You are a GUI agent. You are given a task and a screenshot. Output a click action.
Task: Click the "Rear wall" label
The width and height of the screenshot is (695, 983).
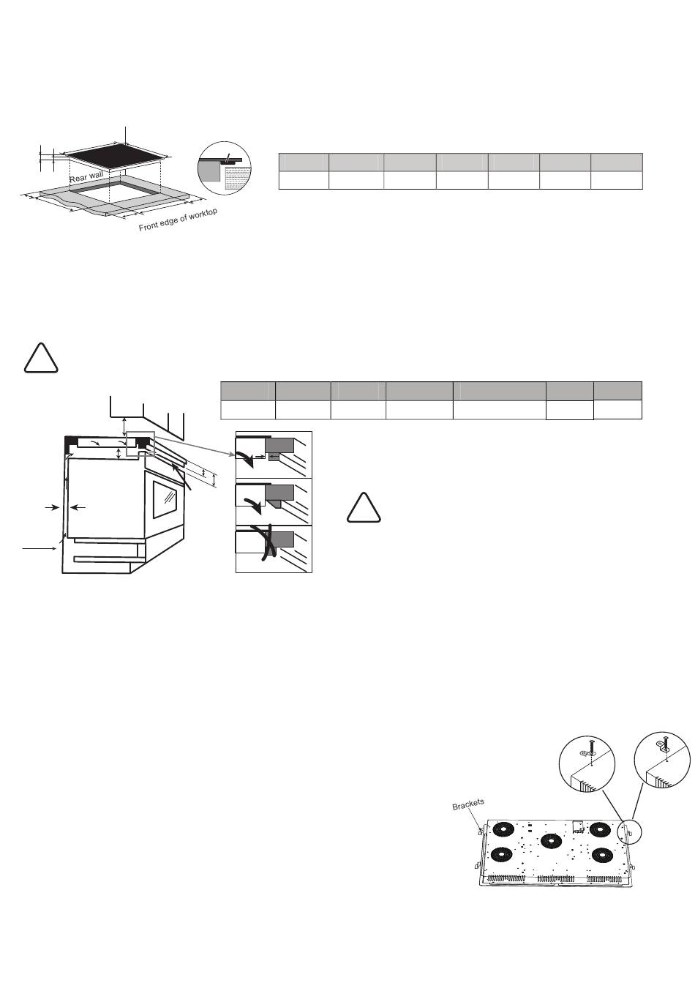pyautogui.click(x=86, y=176)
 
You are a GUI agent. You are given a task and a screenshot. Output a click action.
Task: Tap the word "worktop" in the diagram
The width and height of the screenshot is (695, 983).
pyautogui.click(x=203, y=215)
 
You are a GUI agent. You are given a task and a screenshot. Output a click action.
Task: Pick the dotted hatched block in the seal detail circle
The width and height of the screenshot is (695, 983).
pyautogui.click(x=238, y=178)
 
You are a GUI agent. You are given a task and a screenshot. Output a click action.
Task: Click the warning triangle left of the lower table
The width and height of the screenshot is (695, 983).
pyautogui.click(x=41, y=359)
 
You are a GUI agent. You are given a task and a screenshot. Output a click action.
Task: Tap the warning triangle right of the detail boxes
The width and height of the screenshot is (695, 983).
pyautogui.click(x=364, y=508)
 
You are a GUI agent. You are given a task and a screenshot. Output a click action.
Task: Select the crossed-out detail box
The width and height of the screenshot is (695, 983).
pyautogui.click(x=274, y=549)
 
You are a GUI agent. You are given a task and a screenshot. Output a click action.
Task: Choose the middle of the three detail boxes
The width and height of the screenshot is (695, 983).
pyautogui.click(x=274, y=502)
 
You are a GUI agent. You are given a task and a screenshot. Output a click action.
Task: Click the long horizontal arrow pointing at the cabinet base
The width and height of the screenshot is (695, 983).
pyautogui.click(x=40, y=548)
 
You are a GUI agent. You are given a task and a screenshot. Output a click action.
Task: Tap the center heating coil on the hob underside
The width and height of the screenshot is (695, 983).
pyautogui.click(x=551, y=841)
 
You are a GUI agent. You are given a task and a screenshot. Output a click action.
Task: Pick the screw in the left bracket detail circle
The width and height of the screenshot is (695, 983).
pyautogui.click(x=590, y=746)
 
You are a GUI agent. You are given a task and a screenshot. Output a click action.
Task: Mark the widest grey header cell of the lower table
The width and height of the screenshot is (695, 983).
pyautogui.click(x=500, y=391)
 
